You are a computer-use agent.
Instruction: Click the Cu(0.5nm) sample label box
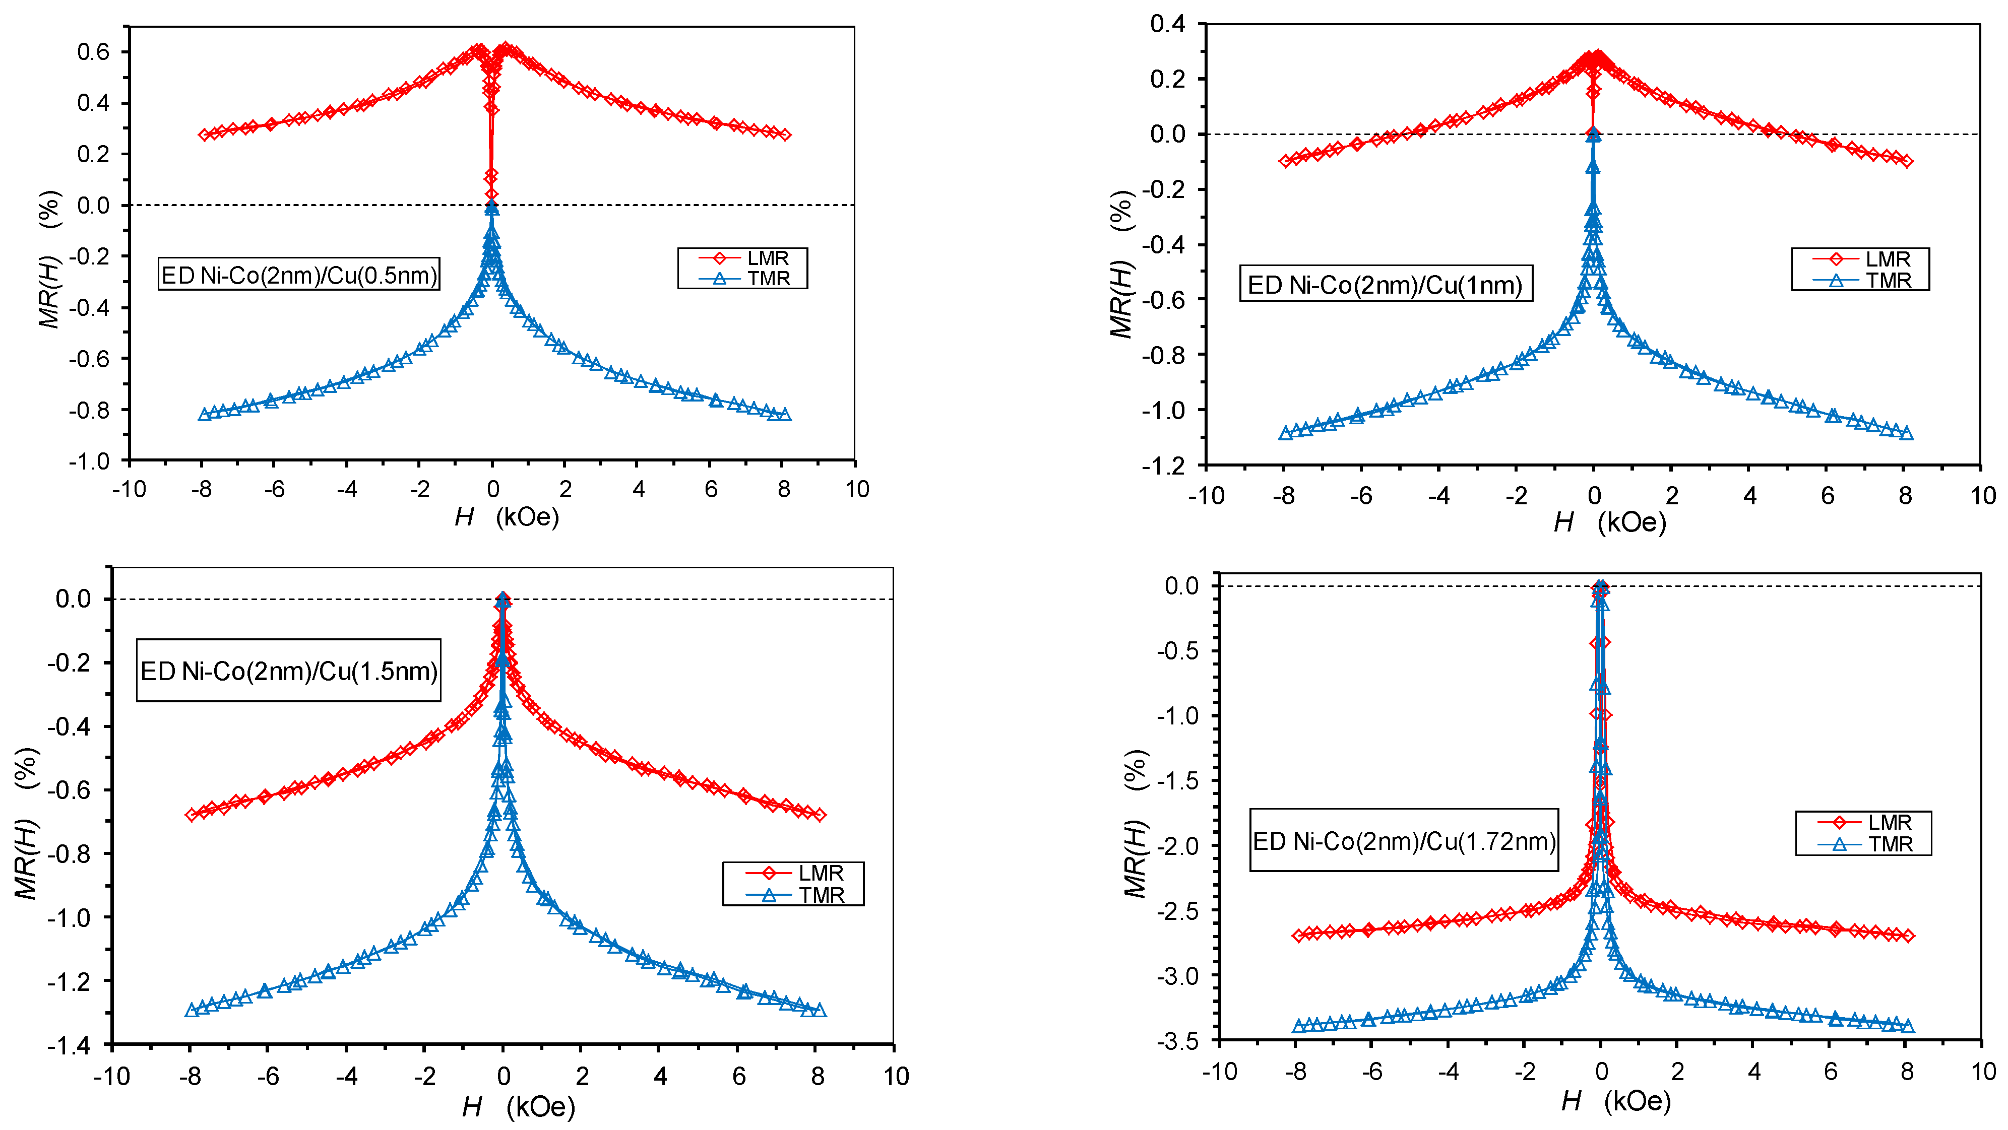pos(298,275)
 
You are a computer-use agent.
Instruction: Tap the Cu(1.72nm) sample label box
pos(1404,841)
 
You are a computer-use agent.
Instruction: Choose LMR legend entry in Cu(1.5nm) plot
pos(793,873)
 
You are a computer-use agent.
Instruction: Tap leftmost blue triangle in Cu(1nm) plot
pos(1285,433)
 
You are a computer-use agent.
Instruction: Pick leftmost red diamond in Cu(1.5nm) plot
pos(192,815)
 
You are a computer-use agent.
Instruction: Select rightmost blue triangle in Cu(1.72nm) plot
pos(1907,1026)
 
